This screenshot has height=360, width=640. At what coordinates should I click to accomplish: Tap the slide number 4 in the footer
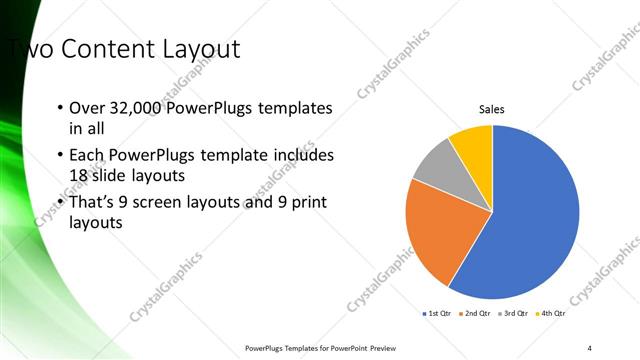click(590, 347)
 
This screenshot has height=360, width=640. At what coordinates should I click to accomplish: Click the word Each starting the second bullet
click(85, 156)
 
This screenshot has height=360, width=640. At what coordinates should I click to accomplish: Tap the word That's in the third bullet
click(94, 203)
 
